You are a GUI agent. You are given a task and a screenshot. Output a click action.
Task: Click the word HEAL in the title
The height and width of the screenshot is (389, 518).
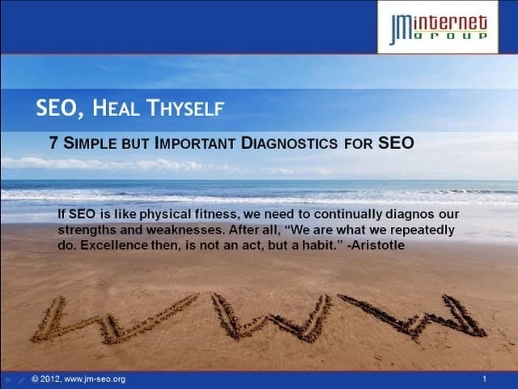pyautogui.click(x=115, y=108)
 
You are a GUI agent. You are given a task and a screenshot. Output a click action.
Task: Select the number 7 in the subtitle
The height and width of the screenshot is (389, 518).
pyautogui.click(x=53, y=143)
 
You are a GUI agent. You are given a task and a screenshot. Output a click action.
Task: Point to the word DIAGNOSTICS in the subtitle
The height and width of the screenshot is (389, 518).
pyautogui.click(x=289, y=143)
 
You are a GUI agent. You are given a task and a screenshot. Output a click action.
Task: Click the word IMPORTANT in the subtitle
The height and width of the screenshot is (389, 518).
pyautogui.click(x=194, y=143)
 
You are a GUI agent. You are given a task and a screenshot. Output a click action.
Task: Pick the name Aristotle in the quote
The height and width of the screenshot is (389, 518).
pyautogui.click(x=379, y=245)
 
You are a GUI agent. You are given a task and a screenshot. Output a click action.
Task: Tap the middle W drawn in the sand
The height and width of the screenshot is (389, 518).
pyautogui.click(x=271, y=317)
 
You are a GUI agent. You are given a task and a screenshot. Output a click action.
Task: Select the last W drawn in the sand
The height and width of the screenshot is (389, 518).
pyautogui.click(x=413, y=316)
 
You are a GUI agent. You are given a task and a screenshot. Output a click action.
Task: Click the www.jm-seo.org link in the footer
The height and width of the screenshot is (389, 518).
pyautogui.click(x=95, y=379)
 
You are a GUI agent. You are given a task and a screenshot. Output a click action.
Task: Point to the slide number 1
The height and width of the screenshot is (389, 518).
pyautogui.click(x=484, y=379)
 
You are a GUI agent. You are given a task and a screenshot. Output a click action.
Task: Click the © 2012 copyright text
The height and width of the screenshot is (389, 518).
pyautogui.click(x=45, y=379)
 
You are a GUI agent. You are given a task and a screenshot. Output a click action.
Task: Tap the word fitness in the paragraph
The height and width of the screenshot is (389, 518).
pyautogui.click(x=216, y=214)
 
